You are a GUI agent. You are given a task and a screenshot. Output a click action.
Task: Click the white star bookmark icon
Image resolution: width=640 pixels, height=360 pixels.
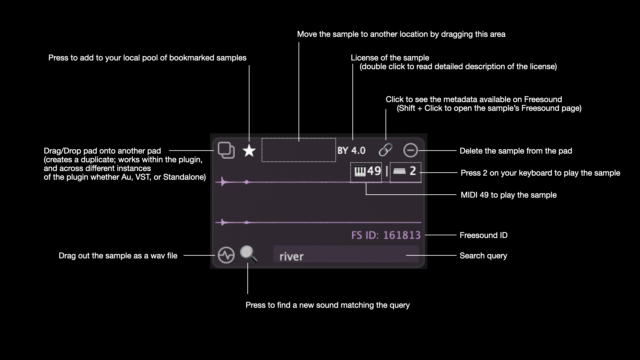coord(249,151)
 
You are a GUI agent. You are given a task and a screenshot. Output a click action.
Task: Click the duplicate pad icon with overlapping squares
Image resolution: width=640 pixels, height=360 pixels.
coord(226,150)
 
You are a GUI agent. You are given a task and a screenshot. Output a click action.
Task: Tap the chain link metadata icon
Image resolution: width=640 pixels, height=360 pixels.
coord(385,150)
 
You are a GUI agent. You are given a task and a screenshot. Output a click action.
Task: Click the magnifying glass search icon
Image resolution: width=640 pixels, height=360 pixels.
coord(249,254)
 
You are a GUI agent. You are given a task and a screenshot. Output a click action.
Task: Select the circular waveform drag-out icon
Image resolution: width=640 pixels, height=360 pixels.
coord(226,255)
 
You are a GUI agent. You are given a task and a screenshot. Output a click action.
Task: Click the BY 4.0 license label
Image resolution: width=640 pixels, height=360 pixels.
coord(351,151)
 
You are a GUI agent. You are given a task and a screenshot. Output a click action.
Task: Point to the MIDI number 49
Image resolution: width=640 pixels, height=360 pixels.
coord(374,171)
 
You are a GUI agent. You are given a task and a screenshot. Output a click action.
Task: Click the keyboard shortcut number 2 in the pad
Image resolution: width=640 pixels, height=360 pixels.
coord(413,171)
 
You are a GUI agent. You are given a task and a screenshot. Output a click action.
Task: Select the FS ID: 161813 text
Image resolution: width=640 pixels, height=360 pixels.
coord(386,235)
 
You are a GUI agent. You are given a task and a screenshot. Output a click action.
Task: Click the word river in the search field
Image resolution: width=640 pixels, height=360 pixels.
coord(292,256)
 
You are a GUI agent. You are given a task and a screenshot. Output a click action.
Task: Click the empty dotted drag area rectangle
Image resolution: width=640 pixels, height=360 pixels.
coord(299,150)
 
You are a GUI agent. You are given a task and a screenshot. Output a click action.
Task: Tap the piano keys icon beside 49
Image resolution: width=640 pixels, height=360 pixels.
coord(360,172)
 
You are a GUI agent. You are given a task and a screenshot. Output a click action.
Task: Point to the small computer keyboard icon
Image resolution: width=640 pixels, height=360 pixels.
coord(399,171)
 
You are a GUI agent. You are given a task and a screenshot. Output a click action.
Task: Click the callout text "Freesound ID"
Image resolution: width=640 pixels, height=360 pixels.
coord(483,235)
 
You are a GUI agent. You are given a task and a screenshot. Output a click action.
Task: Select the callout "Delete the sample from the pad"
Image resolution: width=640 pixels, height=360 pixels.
coord(516,151)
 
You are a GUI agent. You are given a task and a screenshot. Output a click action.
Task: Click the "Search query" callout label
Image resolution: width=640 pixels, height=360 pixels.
coord(483,256)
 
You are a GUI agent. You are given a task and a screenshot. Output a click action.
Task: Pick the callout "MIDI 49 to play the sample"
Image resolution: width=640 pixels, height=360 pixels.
coord(509,195)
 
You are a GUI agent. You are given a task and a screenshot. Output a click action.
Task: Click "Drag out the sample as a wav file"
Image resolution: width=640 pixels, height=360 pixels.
coord(118,256)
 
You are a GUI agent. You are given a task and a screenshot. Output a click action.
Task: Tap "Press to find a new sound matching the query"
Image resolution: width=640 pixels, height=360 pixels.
coord(328,305)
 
